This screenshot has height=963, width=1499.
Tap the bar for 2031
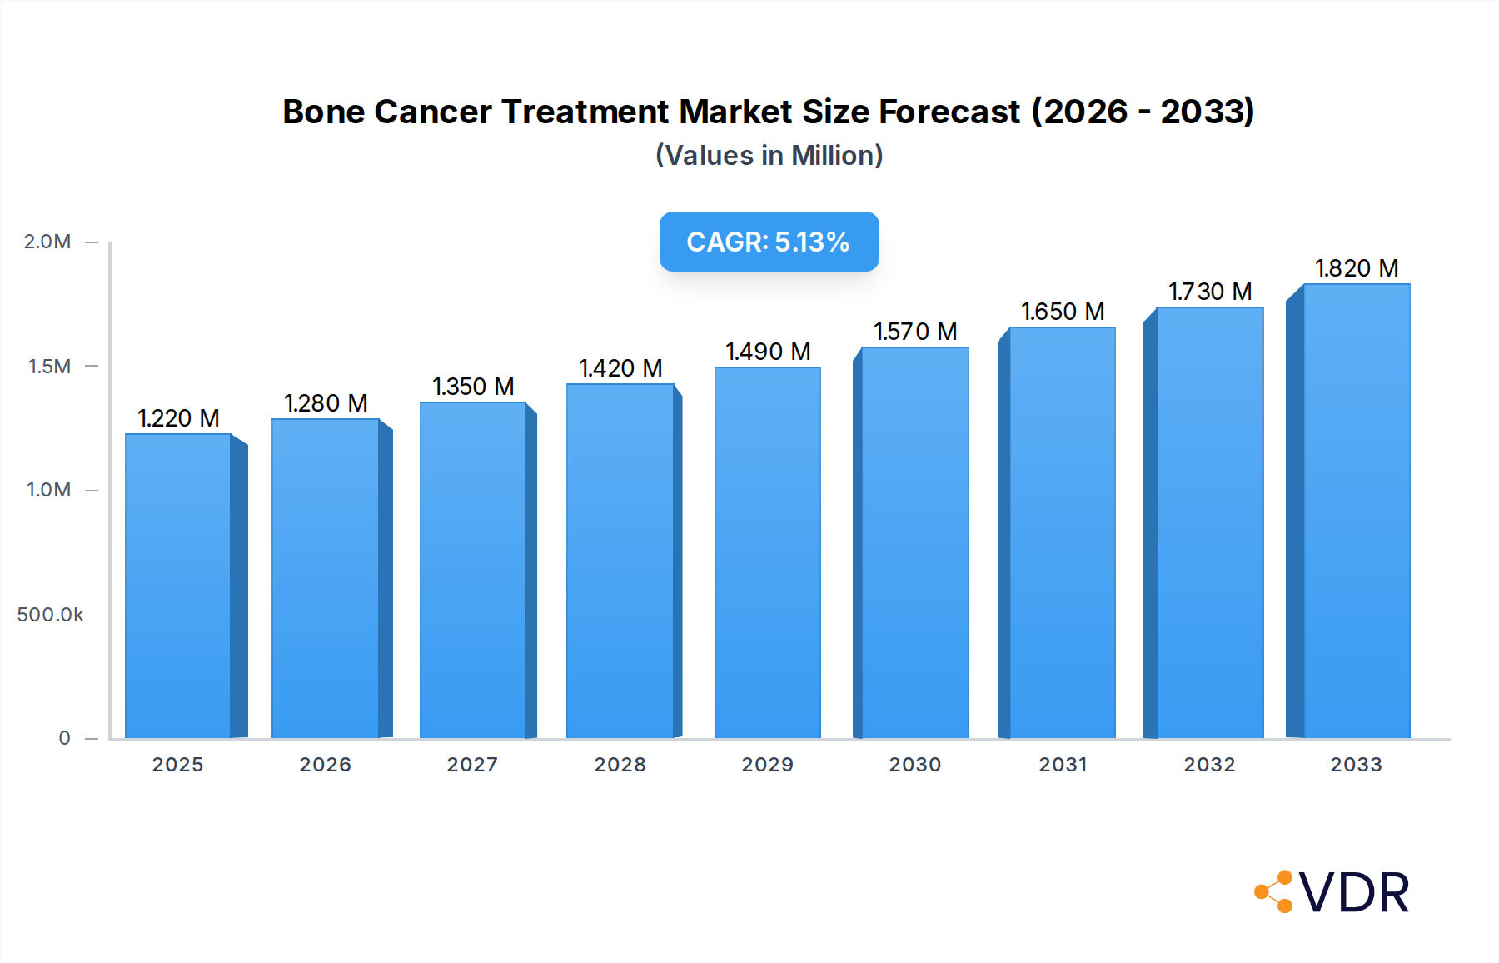coord(1063,532)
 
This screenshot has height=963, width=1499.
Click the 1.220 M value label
coord(178,418)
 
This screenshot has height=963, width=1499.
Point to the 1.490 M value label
coord(768,352)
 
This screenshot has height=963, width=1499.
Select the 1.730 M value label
coord(1210,292)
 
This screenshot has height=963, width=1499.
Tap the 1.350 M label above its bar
coord(473,387)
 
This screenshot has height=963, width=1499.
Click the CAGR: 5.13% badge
coord(769,242)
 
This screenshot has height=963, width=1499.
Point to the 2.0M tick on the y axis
coord(47,242)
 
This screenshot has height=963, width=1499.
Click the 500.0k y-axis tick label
coord(51,615)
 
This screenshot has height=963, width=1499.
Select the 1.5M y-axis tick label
coord(50,367)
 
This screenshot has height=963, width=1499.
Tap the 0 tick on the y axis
coord(65,738)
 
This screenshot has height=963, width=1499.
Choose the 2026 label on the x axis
coord(326,765)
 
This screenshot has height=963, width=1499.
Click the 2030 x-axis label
coord(915,765)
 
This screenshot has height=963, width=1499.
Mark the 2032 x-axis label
coord(1210,765)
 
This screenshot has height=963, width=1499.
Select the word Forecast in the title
coord(949,112)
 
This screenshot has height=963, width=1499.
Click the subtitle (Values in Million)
coord(769,156)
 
